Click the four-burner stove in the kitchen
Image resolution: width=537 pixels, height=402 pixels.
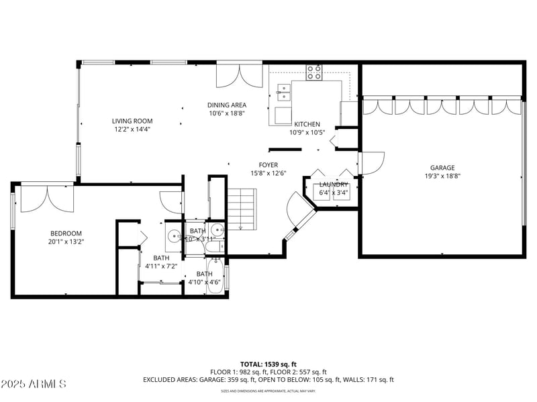click(314, 72)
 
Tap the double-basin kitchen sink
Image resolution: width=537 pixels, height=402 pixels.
click(283, 91)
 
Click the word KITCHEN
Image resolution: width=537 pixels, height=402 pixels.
click(307, 124)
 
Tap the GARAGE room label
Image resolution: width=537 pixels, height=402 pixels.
click(442, 168)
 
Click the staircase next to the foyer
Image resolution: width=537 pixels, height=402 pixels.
click(241, 208)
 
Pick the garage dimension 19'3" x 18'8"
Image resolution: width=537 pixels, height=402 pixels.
click(442, 176)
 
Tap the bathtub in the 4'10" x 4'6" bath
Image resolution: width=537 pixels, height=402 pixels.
click(216, 275)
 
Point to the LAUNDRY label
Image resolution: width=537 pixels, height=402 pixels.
click(333, 185)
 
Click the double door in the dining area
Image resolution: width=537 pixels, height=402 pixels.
click(239, 75)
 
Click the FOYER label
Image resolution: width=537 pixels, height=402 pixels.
click(268, 165)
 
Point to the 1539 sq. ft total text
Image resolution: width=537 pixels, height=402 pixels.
click(268, 364)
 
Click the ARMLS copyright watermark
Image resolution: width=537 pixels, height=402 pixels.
click(34, 385)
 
